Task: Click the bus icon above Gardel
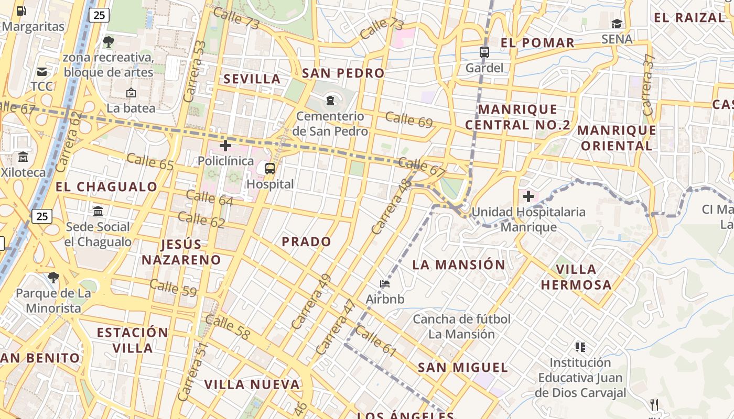484,52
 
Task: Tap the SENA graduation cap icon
617,24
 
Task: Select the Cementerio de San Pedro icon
330,100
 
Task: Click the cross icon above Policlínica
225,145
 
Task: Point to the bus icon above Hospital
270,168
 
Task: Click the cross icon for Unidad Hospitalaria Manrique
528,196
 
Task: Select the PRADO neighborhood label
306,241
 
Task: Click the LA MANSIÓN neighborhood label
458,264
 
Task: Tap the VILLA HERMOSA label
576,277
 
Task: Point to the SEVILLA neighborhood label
252,79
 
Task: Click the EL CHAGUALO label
106,186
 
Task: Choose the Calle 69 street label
409,120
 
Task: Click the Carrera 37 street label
648,85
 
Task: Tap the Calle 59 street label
173,288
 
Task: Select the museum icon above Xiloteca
23,157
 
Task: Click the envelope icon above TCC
41,72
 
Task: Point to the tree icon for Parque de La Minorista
53,277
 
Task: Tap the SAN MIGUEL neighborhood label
462,367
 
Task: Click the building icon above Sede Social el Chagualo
98,211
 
